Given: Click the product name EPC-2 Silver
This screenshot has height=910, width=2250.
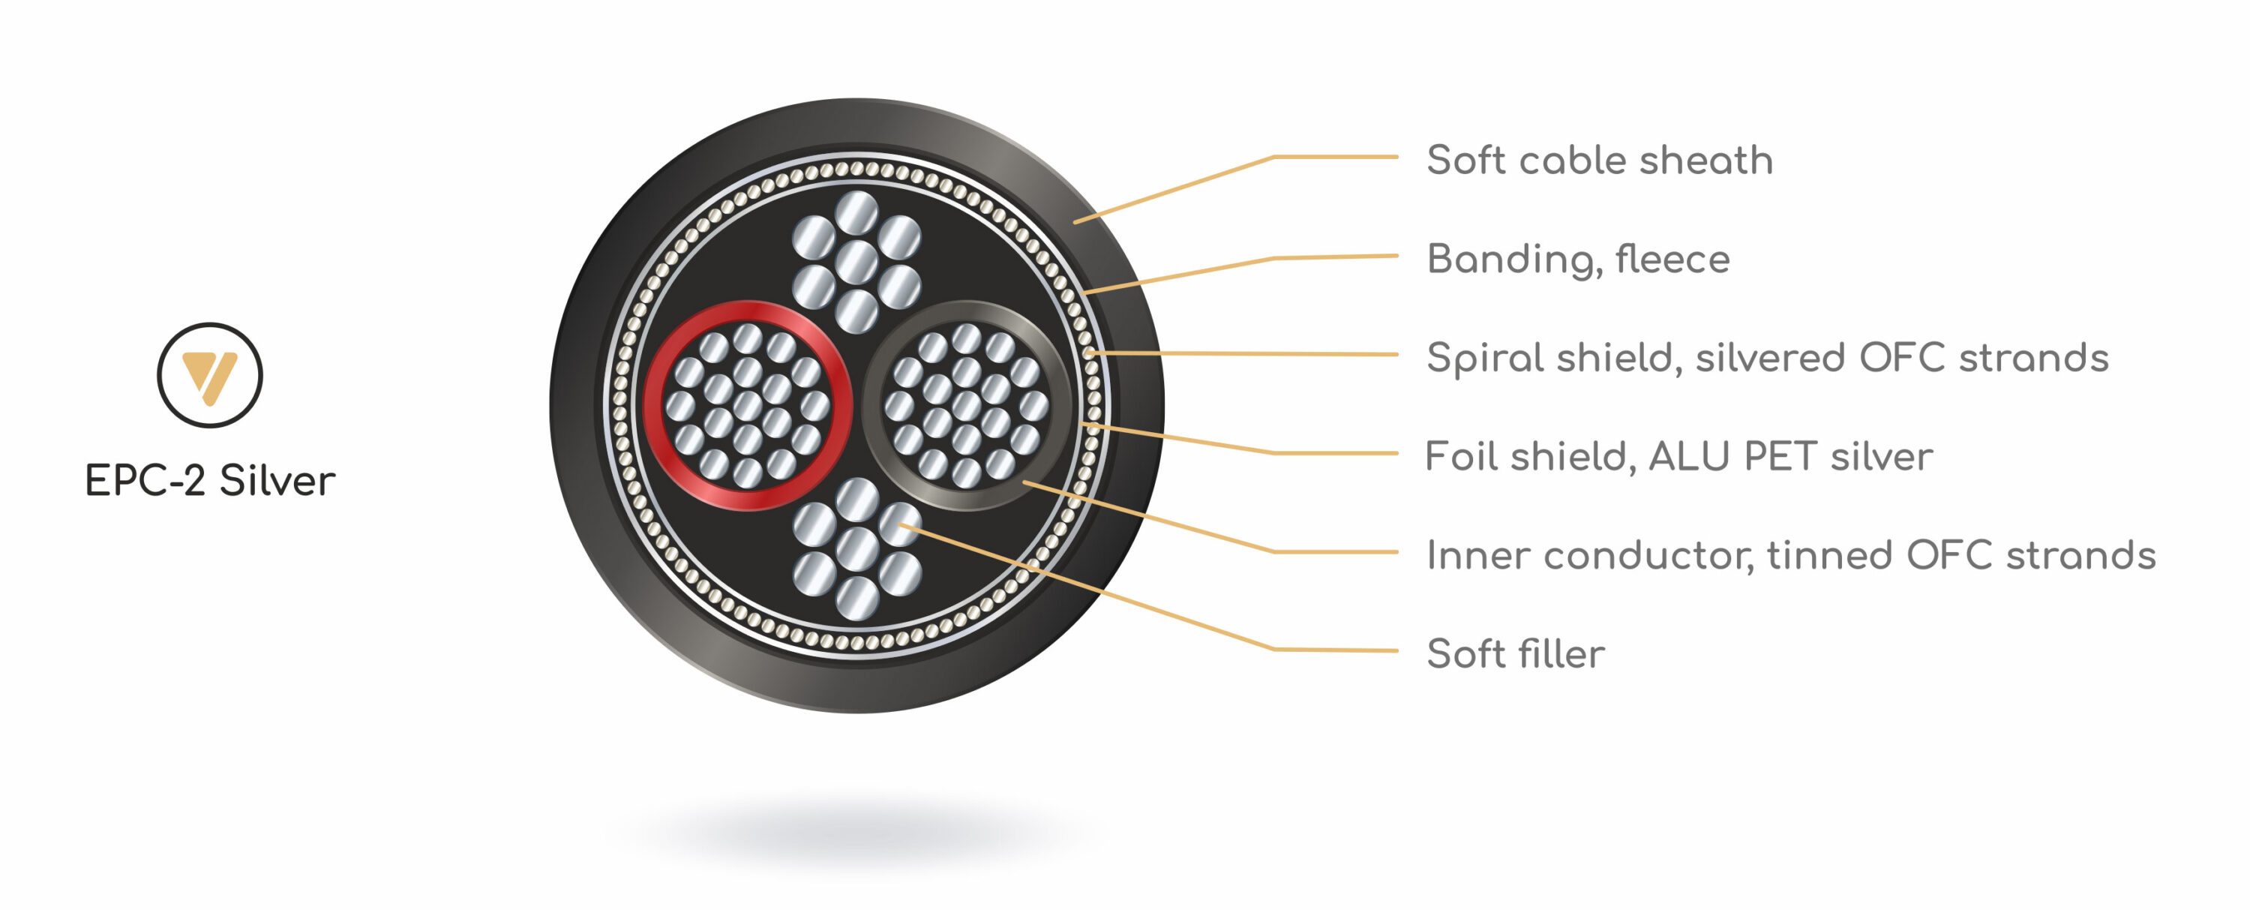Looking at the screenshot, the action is [x=210, y=480].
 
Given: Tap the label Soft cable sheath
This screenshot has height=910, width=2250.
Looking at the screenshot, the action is [x=1599, y=160].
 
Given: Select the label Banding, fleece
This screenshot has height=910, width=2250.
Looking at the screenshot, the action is [x=1577, y=260].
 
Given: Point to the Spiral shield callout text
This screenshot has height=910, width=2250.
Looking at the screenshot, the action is [x=1767, y=358].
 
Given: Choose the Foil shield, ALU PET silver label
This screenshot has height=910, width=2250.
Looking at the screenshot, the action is [x=1678, y=456].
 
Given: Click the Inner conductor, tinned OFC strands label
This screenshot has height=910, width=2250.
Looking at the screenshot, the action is [x=1790, y=554].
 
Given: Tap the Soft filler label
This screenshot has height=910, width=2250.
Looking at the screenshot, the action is [x=1516, y=653].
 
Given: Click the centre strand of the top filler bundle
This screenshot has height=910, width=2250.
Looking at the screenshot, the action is [x=856, y=261].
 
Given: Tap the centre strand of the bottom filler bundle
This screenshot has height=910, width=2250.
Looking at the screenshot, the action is [x=856, y=548].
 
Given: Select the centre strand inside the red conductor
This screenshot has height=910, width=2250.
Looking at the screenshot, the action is [x=747, y=406].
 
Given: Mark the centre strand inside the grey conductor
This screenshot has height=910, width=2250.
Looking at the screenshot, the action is [x=966, y=406].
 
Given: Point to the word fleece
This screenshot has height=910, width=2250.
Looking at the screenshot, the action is [x=1672, y=260].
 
